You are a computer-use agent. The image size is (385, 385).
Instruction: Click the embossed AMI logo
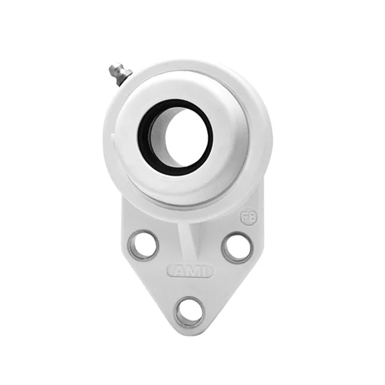tap(190, 271)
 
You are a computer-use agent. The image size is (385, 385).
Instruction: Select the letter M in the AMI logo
tap(191, 271)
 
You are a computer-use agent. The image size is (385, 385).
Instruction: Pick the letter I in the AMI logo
tap(203, 271)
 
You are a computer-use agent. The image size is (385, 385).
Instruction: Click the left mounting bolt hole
tap(142, 245)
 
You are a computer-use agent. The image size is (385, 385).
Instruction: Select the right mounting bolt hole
tap(237, 247)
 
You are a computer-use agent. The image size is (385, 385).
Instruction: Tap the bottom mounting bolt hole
tap(190, 312)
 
